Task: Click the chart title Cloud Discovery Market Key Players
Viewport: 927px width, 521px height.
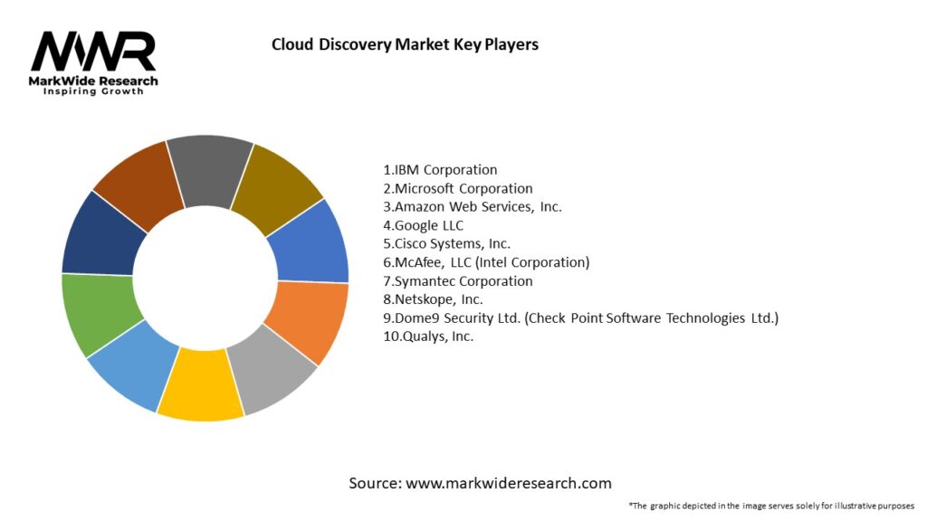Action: coord(405,44)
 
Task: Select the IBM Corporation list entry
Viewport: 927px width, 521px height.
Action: coord(440,169)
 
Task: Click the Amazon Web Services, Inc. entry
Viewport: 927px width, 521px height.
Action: coord(472,206)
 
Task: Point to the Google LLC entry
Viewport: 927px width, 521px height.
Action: coord(423,225)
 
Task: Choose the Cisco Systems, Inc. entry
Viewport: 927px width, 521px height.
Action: coord(446,243)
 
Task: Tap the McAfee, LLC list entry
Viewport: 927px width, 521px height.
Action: coord(485,262)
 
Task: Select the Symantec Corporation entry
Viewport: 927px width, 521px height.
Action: coord(457,281)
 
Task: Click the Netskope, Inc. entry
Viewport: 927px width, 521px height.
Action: coord(433,299)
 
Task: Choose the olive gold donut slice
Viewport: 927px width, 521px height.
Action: coord(276,184)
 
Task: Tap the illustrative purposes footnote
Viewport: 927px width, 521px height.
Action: coord(770,506)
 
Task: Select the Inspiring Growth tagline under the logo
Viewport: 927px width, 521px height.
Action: coord(93,91)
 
